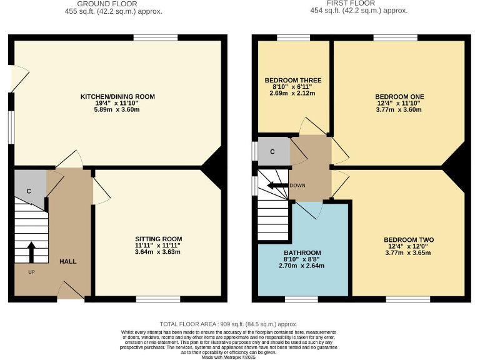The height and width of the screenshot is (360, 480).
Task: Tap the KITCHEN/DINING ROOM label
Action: (x=117, y=97)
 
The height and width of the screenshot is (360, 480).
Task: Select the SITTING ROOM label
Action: (x=158, y=239)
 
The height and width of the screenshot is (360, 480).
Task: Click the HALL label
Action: (x=67, y=261)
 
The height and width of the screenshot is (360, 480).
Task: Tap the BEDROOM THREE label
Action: (x=293, y=81)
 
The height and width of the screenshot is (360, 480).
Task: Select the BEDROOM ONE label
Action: (x=399, y=96)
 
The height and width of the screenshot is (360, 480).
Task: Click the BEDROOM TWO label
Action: (x=408, y=240)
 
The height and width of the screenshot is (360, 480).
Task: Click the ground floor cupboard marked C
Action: (x=29, y=191)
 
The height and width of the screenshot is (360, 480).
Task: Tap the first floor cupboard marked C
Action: (x=272, y=151)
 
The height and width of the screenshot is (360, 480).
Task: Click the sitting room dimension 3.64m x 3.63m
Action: (x=158, y=252)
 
